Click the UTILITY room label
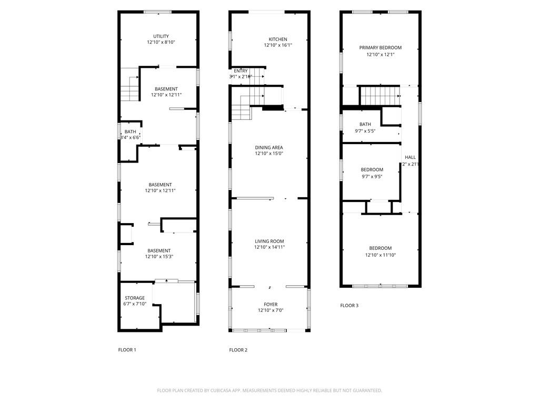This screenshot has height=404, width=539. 161,36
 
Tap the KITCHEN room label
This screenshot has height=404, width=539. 278,39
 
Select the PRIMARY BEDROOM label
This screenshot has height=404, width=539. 380,48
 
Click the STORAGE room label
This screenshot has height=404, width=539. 134,298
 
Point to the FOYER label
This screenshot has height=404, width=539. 271,305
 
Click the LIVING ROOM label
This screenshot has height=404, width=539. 269,241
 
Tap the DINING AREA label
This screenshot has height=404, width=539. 269,148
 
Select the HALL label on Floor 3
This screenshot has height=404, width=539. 410,157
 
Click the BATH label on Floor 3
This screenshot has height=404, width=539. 365,124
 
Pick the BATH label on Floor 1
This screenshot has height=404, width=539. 130,132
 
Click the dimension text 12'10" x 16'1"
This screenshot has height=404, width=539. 278,46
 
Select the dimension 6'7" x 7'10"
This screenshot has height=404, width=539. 134,304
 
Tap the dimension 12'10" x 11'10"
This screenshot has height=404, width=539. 380,255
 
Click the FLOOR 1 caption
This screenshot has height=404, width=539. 127,350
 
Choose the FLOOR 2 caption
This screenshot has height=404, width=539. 238,350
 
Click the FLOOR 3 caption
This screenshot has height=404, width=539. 349,306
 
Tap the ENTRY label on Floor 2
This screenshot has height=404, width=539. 241,71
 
